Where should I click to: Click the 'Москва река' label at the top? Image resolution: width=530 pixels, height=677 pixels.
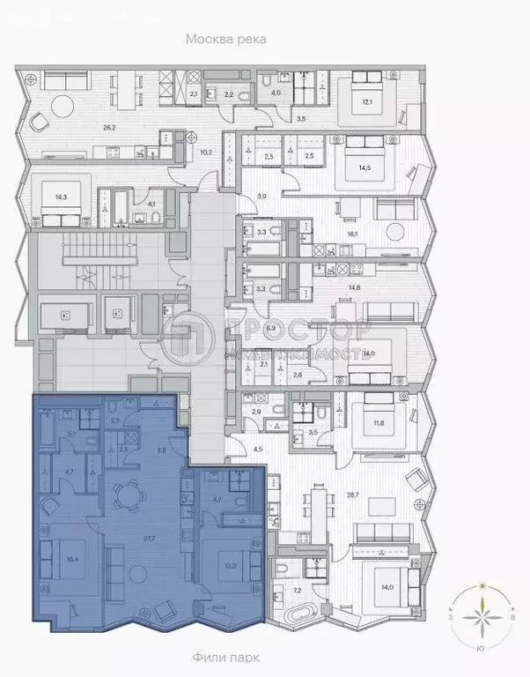coord(225,40)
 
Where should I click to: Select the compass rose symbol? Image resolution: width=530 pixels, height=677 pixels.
coord(481,619)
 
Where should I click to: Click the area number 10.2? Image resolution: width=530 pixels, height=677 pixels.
coord(207,151)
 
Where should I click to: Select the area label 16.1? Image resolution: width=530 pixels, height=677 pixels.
coord(351,234)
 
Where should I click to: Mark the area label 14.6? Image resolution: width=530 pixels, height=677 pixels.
coord(353,286)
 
